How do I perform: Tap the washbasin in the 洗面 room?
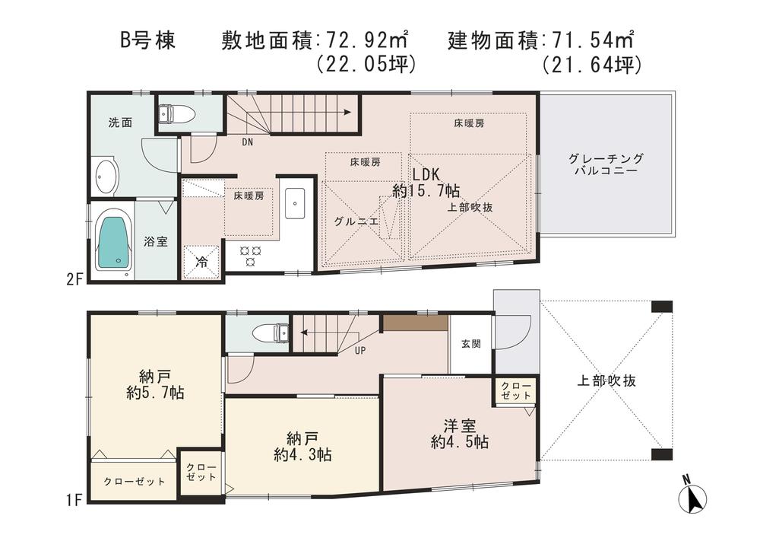106,176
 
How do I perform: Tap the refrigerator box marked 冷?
202,262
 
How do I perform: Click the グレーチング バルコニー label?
606,164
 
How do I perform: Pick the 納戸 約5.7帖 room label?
155,384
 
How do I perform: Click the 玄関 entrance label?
470,344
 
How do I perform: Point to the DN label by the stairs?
248,142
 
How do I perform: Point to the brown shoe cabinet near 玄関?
414,323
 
